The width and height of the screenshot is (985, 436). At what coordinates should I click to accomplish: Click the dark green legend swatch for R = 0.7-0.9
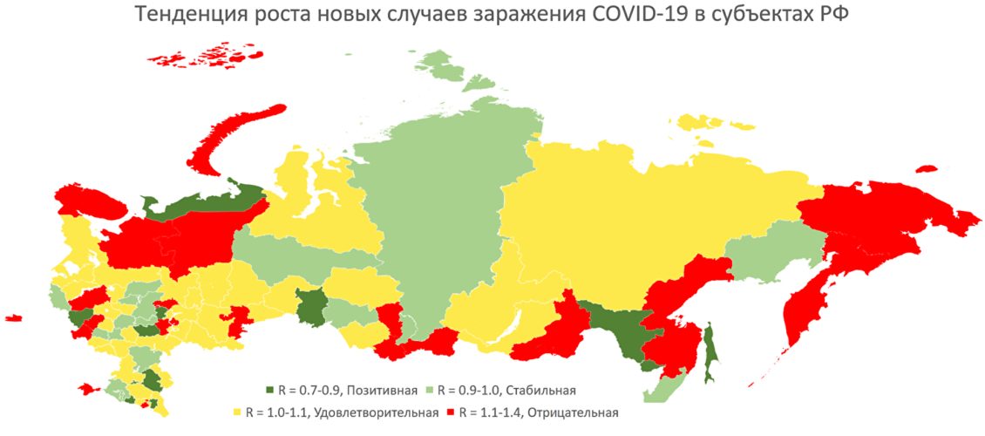[x=269, y=389]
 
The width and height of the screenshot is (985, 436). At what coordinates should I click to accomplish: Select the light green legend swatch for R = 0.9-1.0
[x=429, y=389]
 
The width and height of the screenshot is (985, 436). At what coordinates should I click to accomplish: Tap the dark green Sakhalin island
[x=710, y=353]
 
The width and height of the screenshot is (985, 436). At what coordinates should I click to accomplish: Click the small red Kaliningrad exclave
[x=12, y=318]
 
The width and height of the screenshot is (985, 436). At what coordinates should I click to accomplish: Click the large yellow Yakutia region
[x=628, y=218]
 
